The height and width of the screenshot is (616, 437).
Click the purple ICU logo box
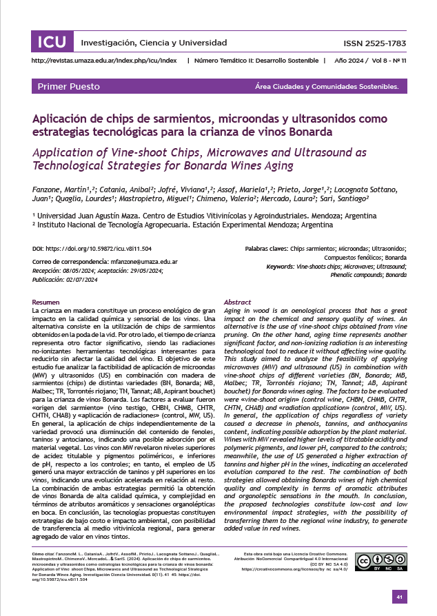pyautogui.click(x=52, y=43)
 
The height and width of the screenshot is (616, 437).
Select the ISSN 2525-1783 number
pyautogui.click(x=374, y=43)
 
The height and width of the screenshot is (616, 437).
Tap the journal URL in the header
pyautogui.click(x=104, y=61)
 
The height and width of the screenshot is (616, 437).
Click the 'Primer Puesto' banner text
pyautogui.click(x=69, y=87)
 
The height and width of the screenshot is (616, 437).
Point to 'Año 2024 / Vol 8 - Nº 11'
pyautogui.click(x=371, y=61)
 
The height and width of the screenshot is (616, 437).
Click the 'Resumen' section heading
pyautogui.click(x=46, y=302)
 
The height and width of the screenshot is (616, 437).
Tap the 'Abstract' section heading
pyautogui.click(x=238, y=302)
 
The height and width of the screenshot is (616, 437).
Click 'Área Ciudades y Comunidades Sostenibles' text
pyautogui.click(x=327, y=87)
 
